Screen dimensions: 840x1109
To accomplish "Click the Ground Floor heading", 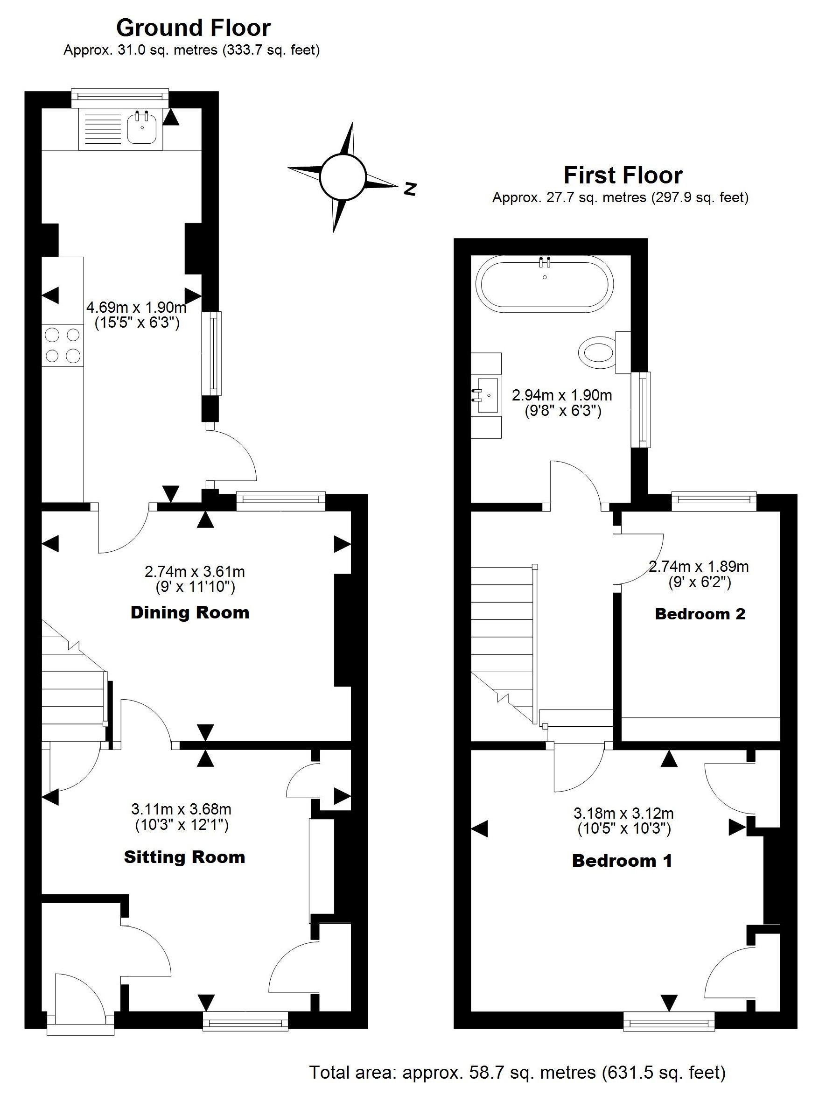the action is [194, 28].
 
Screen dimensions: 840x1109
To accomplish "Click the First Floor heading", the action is [623, 175].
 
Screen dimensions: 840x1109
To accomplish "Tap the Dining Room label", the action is [190, 612].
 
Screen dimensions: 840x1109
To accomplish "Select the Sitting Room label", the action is [184, 857].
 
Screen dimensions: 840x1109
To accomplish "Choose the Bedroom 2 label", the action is [700, 614].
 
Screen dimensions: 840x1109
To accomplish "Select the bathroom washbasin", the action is [487, 395].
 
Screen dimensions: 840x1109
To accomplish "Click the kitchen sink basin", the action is [142, 129].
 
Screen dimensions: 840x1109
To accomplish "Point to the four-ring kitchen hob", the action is [63, 345].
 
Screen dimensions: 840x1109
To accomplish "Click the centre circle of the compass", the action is [343, 176].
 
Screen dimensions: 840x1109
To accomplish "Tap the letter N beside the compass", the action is [411, 189].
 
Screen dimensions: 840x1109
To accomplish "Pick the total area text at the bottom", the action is [517, 1073].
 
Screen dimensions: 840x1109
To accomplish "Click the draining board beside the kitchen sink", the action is [103, 129].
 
